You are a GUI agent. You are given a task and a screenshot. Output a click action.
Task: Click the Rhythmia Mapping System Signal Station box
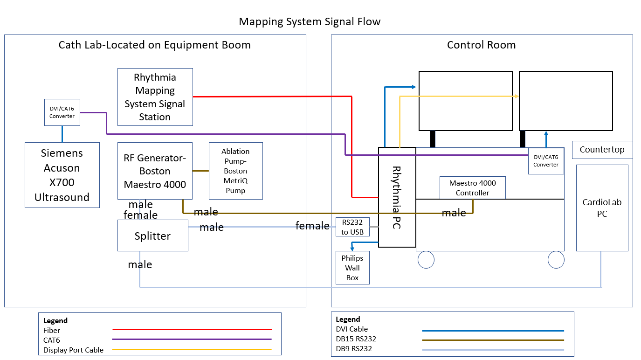click(155, 97)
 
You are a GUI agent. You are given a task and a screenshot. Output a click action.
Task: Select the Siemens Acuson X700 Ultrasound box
click(62, 175)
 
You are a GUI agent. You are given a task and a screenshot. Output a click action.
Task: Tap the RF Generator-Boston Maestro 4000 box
click(155, 171)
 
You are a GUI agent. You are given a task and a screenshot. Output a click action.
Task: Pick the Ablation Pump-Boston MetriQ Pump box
click(235, 171)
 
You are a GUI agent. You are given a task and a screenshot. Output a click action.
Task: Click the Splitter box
click(152, 235)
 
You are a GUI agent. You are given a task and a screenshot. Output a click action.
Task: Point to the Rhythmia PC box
click(397, 197)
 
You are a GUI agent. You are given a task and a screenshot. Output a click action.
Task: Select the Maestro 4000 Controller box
click(472, 188)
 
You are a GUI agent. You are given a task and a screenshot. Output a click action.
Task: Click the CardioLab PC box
click(602, 208)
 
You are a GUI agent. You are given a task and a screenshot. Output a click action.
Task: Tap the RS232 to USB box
click(352, 227)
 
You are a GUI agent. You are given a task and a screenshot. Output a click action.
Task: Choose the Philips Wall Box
click(352, 268)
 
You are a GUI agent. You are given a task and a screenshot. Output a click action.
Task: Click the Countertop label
click(602, 150)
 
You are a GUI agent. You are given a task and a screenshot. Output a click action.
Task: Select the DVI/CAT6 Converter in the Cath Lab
click(62, 112)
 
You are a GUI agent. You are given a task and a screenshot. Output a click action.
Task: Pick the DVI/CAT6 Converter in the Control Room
click(546, 161)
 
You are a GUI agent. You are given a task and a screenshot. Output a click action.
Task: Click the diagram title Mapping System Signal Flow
click(310, 21)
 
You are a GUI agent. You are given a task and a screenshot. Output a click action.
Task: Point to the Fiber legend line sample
click(192, 330)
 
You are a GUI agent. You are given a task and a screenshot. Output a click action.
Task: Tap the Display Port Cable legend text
click(73, 350)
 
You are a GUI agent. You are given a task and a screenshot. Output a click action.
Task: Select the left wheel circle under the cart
click(426, 260)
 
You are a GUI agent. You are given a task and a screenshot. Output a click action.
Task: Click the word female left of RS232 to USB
click(312, 226)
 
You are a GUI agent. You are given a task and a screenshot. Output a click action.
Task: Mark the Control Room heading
click(481, 45)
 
